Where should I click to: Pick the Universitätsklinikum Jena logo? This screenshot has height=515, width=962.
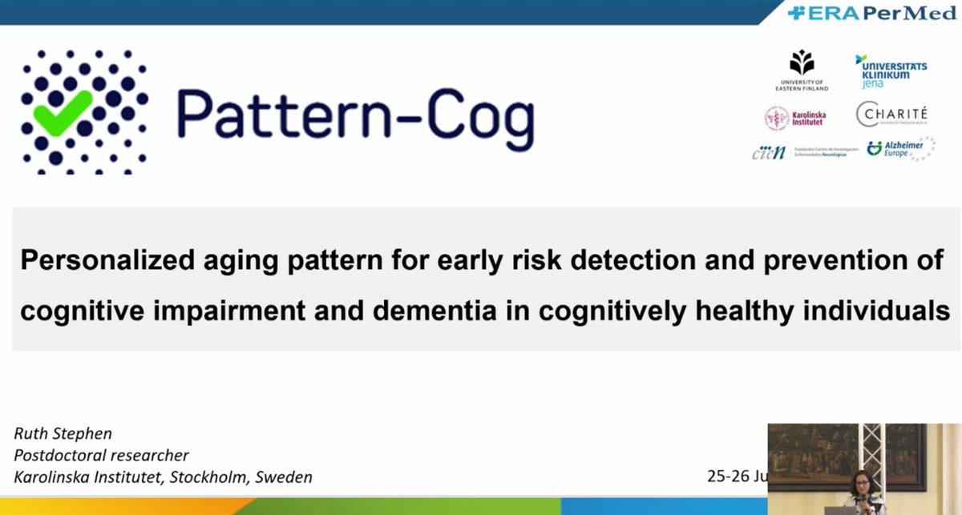pos(891,71)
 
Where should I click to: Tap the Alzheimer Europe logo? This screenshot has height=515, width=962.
pos(899,149)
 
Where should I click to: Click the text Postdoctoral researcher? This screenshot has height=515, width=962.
pos(102,455)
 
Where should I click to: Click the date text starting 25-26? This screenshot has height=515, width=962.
pos(736,476)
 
